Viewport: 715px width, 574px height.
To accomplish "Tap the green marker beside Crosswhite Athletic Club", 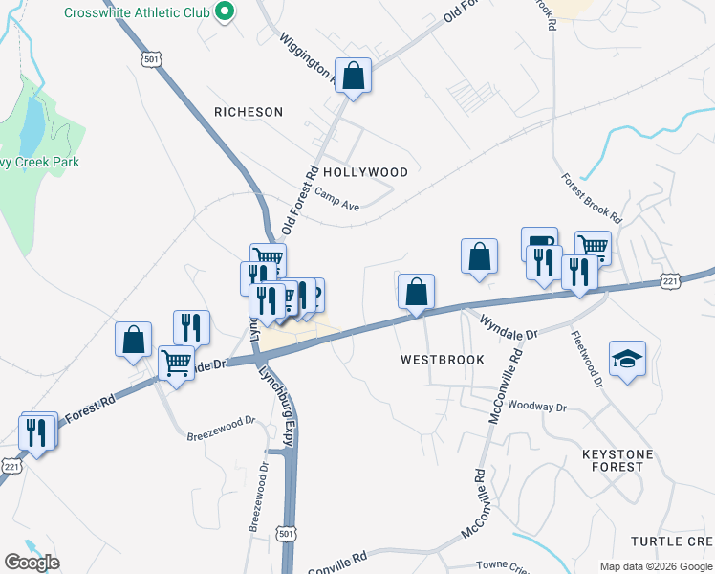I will coord(225,12).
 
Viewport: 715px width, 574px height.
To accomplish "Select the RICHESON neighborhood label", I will coord(249,112).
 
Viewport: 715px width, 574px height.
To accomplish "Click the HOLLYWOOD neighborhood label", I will coord(365,172).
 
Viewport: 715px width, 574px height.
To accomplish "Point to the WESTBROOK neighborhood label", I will coord(443,360).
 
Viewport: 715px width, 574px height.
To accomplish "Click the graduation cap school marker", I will coord(627,360).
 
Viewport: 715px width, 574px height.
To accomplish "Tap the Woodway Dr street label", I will coord(537,407).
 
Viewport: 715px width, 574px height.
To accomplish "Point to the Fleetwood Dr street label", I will coord(586,359).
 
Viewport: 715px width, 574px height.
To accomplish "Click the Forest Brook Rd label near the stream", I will coord(592,198).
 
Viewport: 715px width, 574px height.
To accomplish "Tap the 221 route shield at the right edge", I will coord(671,281).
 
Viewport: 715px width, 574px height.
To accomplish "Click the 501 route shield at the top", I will coord(150,58).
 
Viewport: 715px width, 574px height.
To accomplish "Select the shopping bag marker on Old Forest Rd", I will coord(353,76).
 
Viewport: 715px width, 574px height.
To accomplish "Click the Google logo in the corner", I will coord(32,563).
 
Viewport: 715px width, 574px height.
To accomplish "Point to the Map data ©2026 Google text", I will coord(655,566).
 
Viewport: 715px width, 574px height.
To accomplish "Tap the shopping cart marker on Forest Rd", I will coord(176,363).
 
